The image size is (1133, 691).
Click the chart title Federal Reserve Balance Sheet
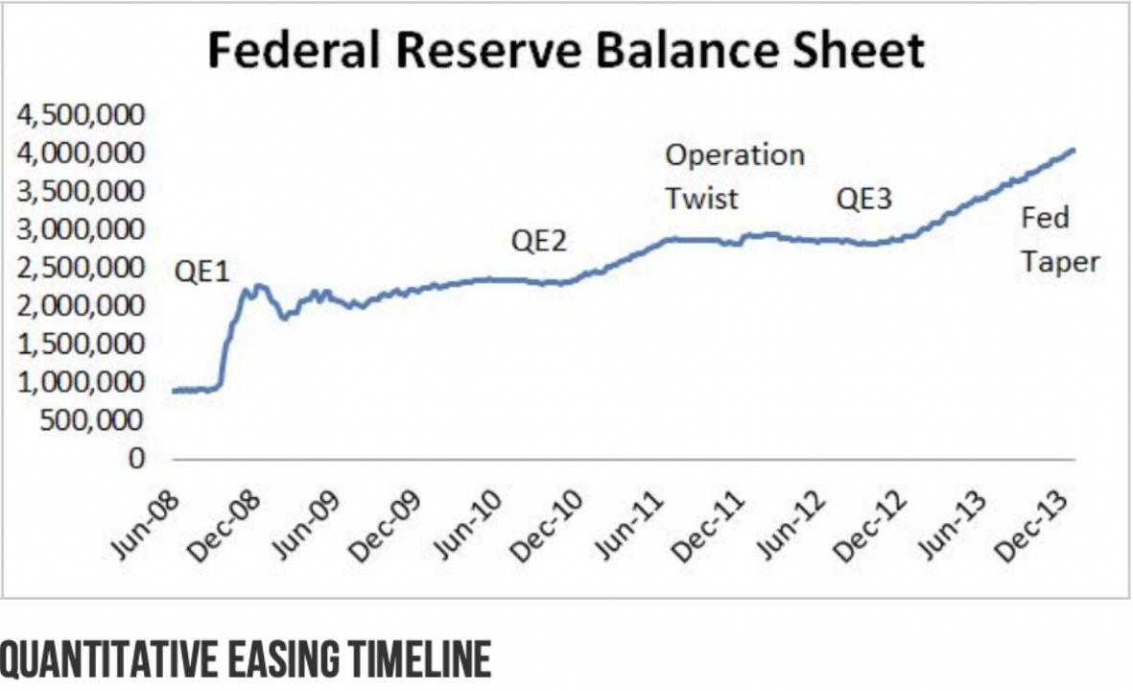pos(566,52)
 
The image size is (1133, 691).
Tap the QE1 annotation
pos(201,272)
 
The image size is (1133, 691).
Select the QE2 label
pos(538,240)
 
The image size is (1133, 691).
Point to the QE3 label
pos(863,200)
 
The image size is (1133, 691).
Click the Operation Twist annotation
pos(735,177)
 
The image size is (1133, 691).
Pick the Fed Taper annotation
pos(1059,240)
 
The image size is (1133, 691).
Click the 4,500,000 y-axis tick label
pos(81,115)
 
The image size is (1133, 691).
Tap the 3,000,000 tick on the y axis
pos(81,229)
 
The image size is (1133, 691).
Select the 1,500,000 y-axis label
pos(81,344)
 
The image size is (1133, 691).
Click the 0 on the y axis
pos(136,459)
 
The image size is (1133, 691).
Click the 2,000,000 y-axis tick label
pos(81,305)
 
